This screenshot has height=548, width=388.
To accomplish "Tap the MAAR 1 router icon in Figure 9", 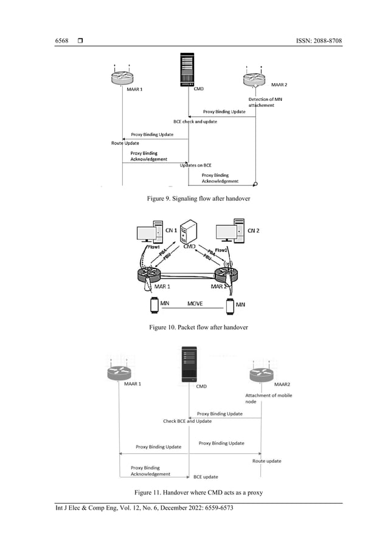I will coord(122,77).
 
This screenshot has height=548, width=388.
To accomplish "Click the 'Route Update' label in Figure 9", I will coord(125,143).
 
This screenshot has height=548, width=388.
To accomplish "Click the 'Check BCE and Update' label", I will coord(187,421).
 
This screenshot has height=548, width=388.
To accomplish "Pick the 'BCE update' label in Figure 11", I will coord(206,477).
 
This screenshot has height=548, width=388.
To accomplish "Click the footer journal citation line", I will coord(144,509).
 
